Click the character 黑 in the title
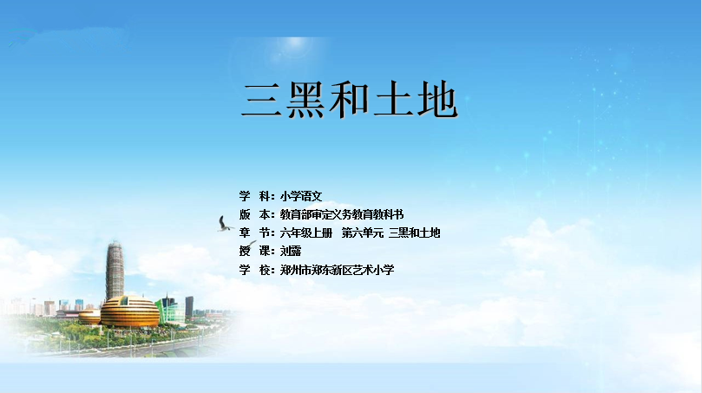tap(305, 100)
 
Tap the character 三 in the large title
tap(262, 100)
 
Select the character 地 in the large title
tap(437, 100)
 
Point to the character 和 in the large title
tap(349, 100)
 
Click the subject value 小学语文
tap(301, 196)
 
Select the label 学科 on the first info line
tap(255, 196)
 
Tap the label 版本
tap(255, 214)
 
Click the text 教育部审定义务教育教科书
tap(342, 214)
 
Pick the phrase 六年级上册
tap(306, 233)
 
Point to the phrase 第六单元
tap(363, 233)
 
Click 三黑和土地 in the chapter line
tap(414, 233)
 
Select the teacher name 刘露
tap(291, 251)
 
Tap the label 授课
tap(255, 251)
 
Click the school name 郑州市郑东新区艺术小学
tap(338, 270)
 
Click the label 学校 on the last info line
tap(255, 270)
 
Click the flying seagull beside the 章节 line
tap(224, 225)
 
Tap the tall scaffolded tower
tap(115, 270)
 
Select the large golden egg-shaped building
tap(130, 311)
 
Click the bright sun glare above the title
tap(295, 43)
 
